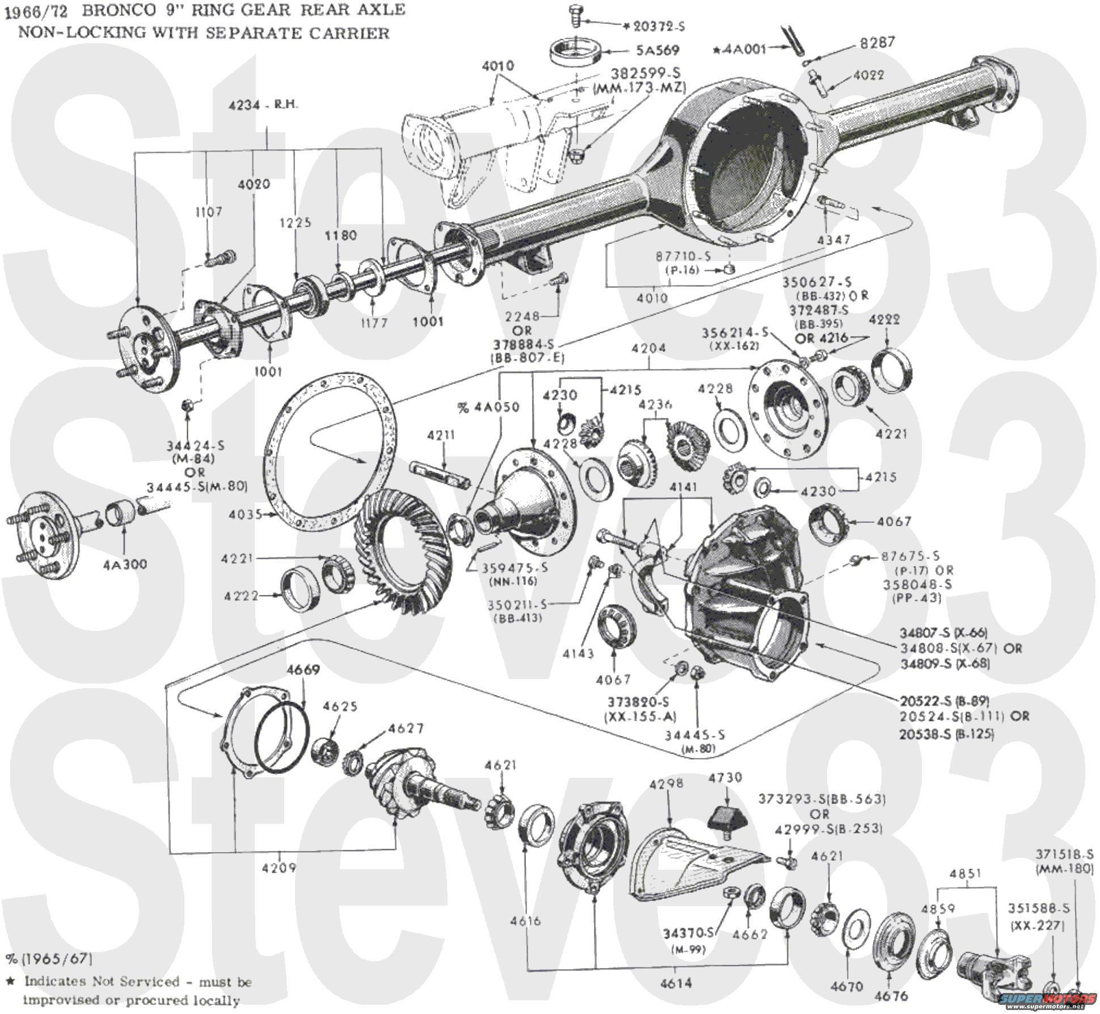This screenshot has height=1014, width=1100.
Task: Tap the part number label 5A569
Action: point(657,51)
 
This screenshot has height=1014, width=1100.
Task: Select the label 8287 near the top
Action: point(877,43)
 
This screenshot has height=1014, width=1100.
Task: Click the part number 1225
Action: point(295,222)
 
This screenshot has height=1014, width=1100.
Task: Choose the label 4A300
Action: point(125,564)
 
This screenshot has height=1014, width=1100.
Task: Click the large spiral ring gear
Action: point(397,554)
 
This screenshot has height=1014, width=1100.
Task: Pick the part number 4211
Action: point(441,435)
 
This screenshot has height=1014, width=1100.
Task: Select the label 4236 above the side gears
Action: point(655,404)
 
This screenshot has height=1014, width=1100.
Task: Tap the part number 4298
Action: point(666,783)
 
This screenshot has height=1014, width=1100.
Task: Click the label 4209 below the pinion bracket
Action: point(279,868)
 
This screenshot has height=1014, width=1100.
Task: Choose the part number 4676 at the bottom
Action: point(891,996)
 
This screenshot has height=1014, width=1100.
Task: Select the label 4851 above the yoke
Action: point(965,873)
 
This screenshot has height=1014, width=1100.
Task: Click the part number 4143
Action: point(578,653)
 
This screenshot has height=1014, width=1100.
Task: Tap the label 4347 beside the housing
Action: point(833,240)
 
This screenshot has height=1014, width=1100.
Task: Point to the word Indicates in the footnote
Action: point(53,981)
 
